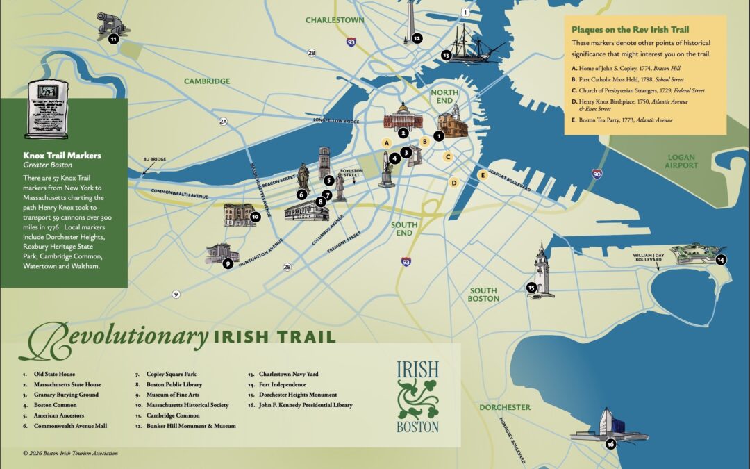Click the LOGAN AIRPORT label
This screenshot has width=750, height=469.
(681, 162)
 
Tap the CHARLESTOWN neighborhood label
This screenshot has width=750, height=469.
(335, 20)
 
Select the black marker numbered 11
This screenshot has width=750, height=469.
(113, 40)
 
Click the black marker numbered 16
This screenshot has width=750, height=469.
(610, 444)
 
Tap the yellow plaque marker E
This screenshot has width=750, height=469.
(482, 175)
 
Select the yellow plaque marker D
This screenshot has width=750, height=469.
(453, 183)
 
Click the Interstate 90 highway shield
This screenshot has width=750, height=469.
(597, 173)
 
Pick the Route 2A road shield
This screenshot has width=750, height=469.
(223, 122)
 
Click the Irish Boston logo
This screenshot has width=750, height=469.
(418, 396)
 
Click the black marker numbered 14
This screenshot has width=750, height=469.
(721, 260)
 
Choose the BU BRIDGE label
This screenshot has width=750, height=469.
(154, 159)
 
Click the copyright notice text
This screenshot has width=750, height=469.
(69, 453)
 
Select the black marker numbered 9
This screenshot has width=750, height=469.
(227, 263)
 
